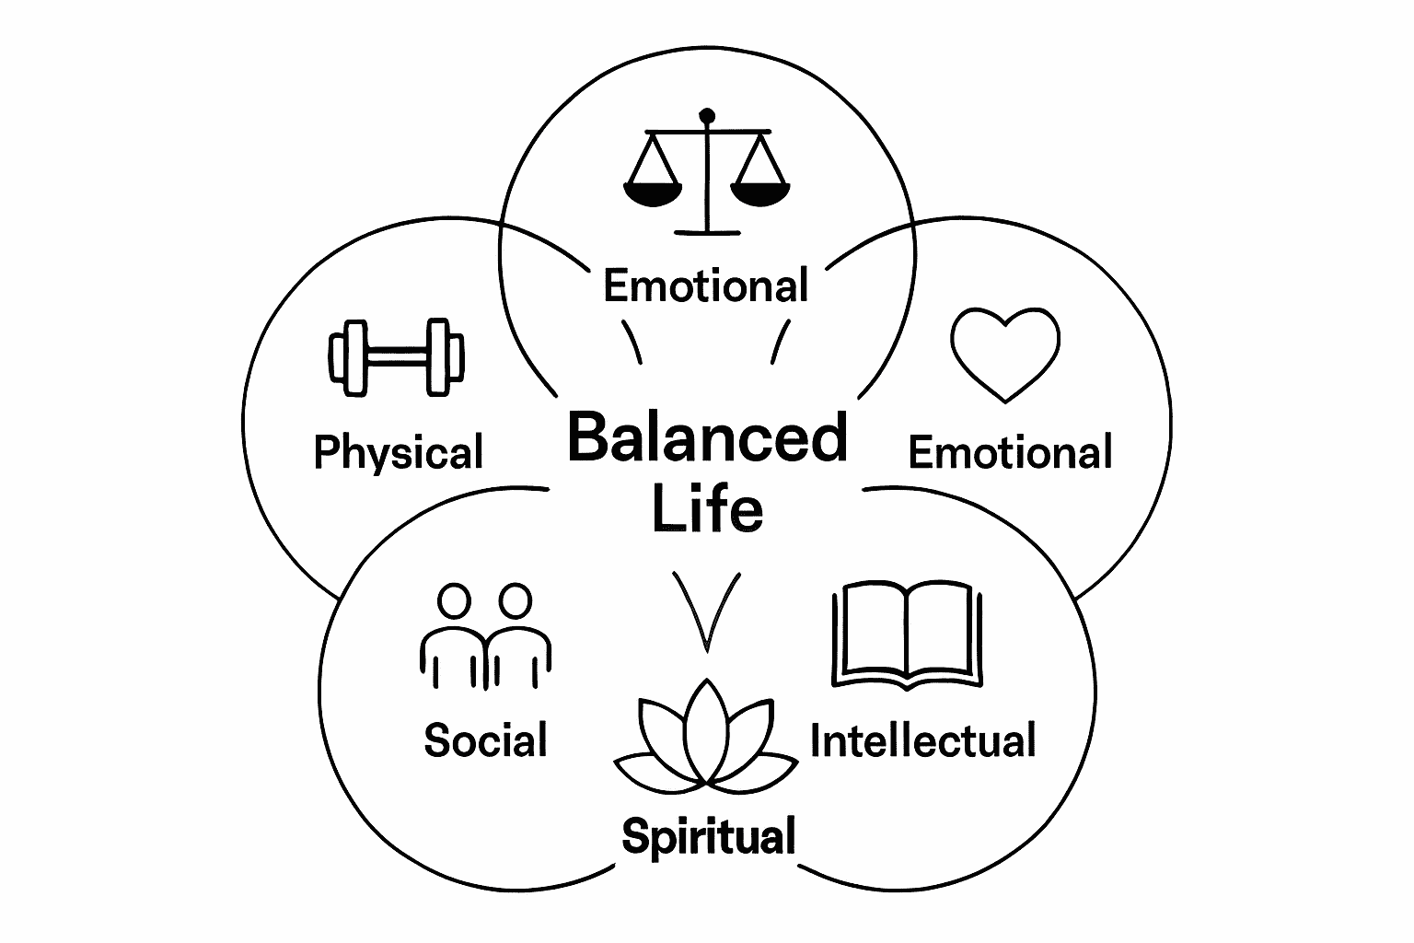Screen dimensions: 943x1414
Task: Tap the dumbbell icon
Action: (396, 358)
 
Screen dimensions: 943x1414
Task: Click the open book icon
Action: (907, 634)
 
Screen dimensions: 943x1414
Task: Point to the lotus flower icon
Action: (706, 740)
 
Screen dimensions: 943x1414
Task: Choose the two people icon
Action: (485, 635)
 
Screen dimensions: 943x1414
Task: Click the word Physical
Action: (398, 453)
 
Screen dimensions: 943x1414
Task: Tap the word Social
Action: (485, 740)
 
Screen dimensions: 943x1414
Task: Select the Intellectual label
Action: (922, 741)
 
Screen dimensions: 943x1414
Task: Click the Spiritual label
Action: (708, 837)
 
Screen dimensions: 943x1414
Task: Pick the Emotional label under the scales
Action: (706, 285)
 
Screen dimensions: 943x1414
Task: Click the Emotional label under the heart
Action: (1010, 453)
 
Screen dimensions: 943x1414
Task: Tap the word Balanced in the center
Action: (706, 438)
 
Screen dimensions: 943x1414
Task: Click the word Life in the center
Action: (707, 508)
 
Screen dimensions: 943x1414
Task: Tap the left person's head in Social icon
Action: (453, 601)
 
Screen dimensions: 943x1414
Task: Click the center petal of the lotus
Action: (706, 732)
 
